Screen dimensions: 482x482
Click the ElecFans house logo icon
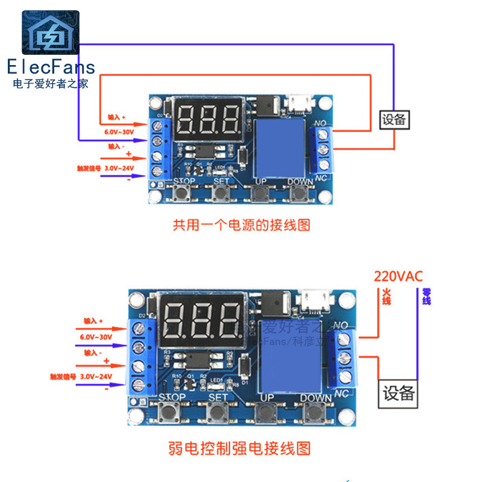pyautogui.click(x=51, y=34)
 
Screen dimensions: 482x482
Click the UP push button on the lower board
pyautogui.click(x=265, y=413)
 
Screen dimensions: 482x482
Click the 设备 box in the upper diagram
pyautogui.click(x=394, y=119)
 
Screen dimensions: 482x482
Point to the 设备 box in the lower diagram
pyautogui.click(x=398, y=394)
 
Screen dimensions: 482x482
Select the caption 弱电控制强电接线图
pyautogui.click(x=240, y=449)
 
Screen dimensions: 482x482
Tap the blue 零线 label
pyautogui.click(x=426, y=296)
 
